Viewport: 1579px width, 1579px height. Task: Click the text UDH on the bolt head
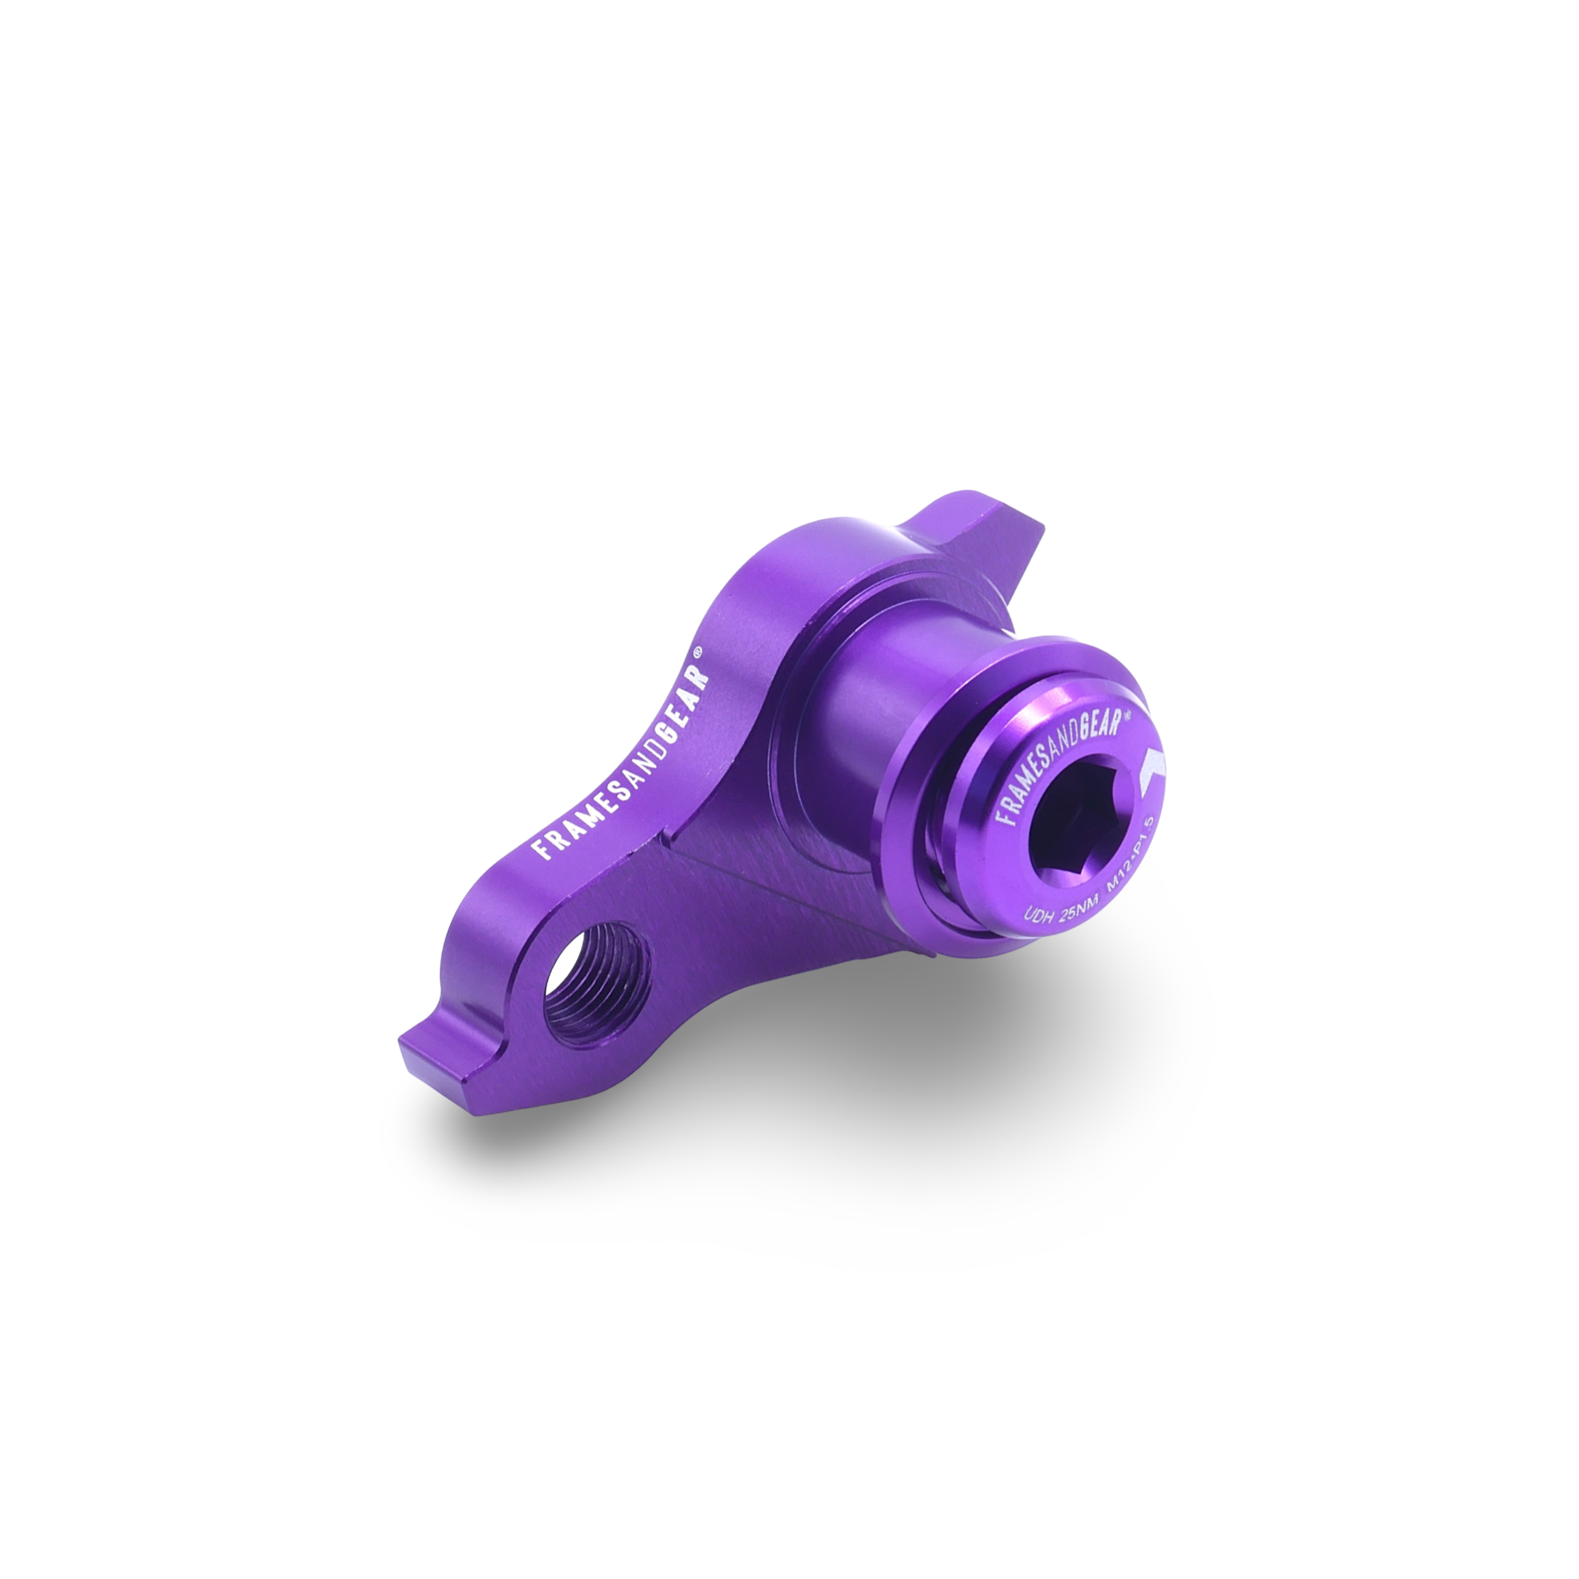tap(1037, 914)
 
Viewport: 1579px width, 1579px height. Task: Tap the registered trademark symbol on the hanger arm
tap(697, 651)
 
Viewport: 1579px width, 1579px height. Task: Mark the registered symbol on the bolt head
tap(1127, 713)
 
